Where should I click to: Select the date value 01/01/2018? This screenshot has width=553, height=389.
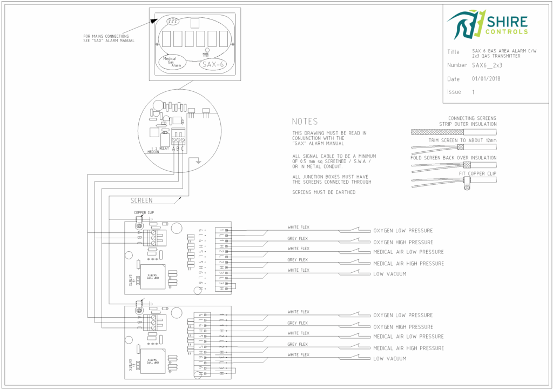[486, 79]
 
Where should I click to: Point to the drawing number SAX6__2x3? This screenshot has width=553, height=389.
[487, 65]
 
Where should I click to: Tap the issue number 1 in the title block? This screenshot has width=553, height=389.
[474, 92]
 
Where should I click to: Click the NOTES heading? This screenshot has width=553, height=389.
[305, 122]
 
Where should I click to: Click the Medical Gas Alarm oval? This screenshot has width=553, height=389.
[172, 62]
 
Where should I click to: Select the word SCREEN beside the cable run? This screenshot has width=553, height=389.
[141, 200]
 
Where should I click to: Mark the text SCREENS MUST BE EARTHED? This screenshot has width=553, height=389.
[323, 192]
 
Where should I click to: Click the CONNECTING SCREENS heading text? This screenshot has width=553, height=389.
[472, 118]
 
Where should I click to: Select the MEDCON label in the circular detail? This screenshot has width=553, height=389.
[153, 152]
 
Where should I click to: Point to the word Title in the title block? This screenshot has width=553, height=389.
[453, 52]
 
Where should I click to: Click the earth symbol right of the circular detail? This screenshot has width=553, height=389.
[199, 160]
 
